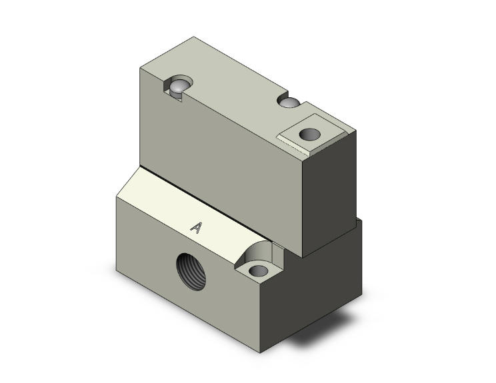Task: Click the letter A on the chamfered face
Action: pos(196,228)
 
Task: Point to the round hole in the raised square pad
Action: pos(309,135)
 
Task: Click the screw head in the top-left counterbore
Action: pos(179,87)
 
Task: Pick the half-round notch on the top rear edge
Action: pos(291,103)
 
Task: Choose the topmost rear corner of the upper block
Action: pos(194,37)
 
